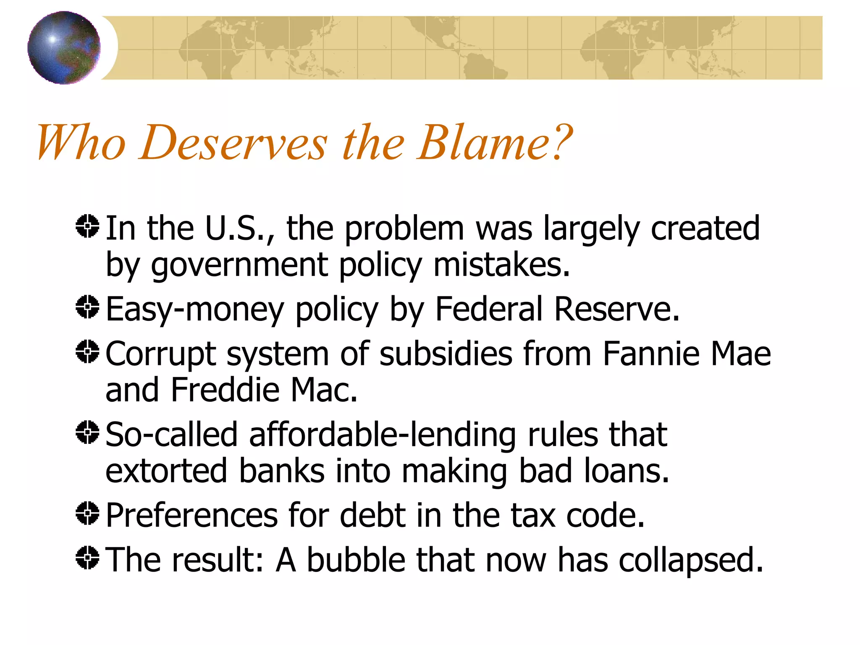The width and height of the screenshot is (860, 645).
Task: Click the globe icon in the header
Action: (64, 47)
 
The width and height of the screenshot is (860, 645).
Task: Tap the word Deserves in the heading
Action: (233, 143)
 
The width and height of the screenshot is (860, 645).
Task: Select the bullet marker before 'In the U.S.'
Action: (87, 226)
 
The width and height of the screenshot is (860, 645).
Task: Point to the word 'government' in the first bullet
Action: (239, 265)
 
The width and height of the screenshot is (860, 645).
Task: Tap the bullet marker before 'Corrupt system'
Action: (87, 351)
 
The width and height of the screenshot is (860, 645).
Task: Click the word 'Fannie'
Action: (651, 354)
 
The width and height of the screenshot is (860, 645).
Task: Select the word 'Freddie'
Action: (225, 390)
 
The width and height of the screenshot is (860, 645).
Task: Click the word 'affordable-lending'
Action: (383, 435)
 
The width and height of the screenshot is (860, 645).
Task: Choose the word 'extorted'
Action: (166, 471)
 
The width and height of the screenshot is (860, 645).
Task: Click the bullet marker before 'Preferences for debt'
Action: (87, 513)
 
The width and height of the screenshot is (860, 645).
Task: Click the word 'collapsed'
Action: (689, 561)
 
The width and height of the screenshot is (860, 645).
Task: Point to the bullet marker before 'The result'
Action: (87, 558)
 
